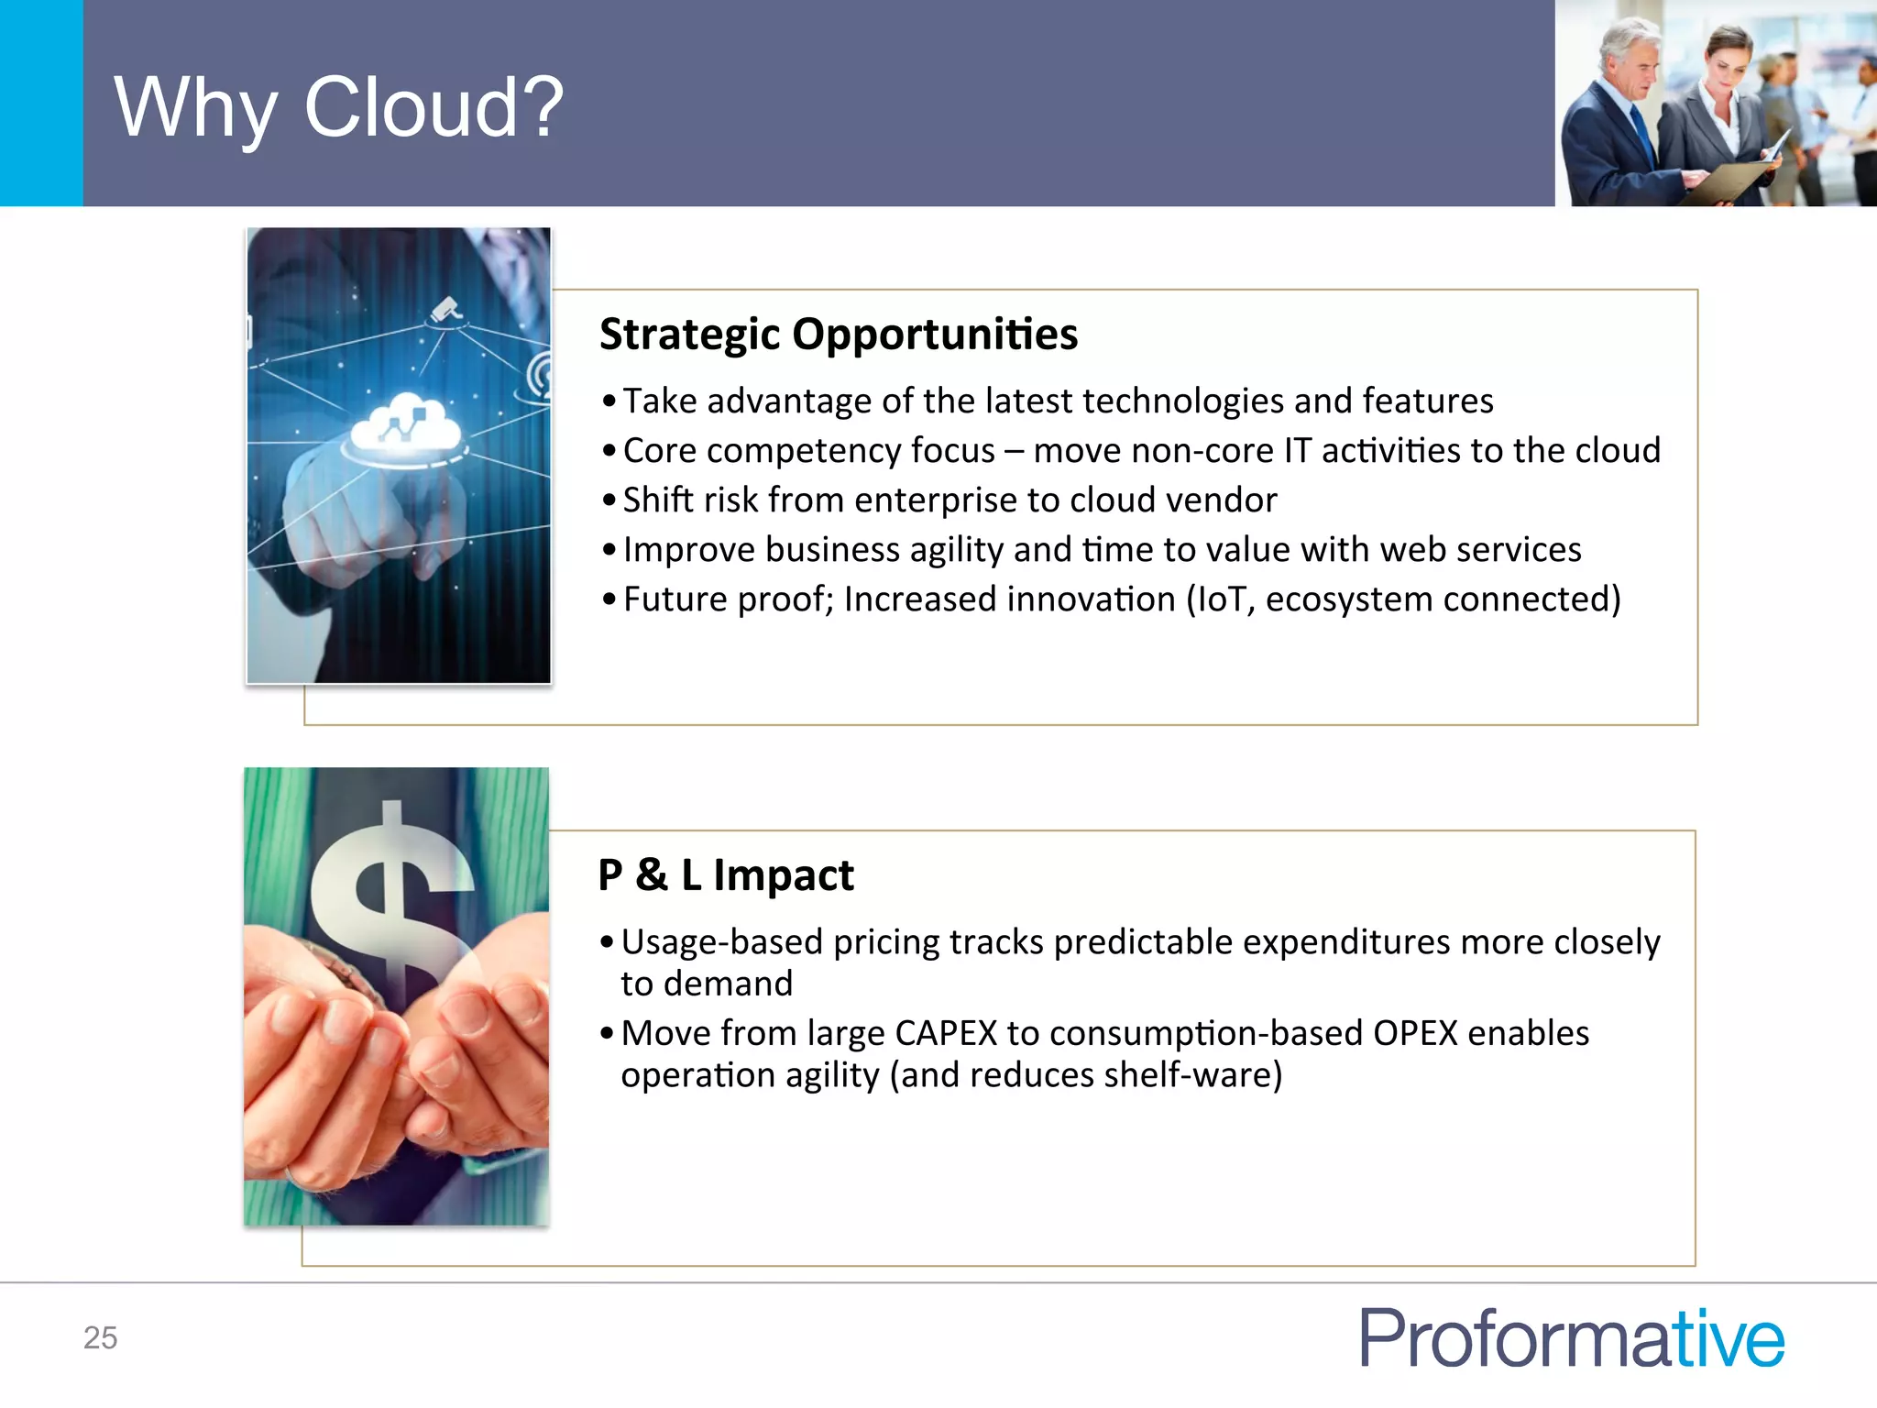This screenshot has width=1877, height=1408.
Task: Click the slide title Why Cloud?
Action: click(x=338, y=107)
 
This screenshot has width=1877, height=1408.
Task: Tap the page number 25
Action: click(x=100, y=1337)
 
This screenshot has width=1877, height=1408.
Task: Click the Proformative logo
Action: click(x=1571, y=1338)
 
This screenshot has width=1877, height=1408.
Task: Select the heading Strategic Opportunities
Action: click(x=838, y=334)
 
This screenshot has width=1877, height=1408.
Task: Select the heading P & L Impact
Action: click(x=725, y=874)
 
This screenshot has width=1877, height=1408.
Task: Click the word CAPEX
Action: click(x=945, y=1033)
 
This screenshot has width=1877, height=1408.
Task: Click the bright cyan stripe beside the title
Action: click(x=41, y=103)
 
